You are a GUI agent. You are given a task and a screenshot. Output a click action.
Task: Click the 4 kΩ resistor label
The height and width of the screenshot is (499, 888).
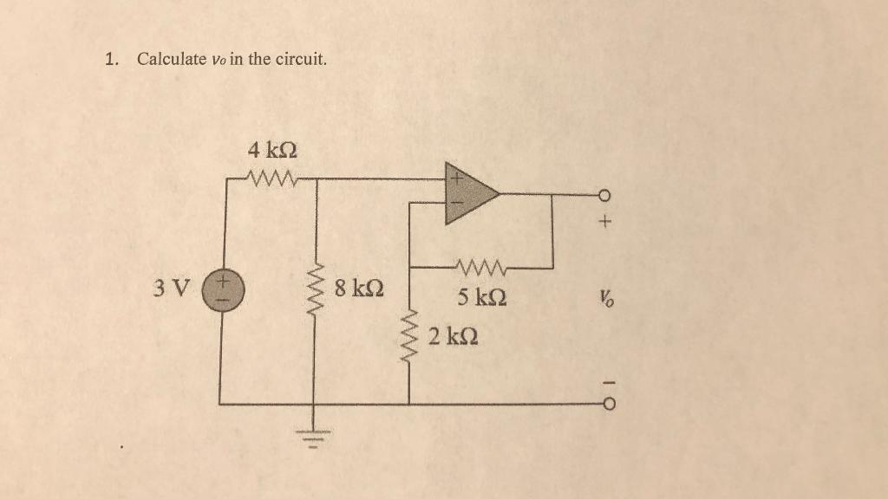(271, 149)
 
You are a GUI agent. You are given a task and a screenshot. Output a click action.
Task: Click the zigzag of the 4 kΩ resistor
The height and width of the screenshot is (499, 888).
(271, 179)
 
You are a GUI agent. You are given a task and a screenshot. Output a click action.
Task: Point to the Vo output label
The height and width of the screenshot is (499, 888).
(604, 299)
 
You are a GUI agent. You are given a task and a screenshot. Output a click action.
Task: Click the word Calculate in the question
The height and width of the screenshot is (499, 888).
(172, 60)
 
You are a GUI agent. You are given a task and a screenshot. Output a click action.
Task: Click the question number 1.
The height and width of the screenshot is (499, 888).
(110, 60)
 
